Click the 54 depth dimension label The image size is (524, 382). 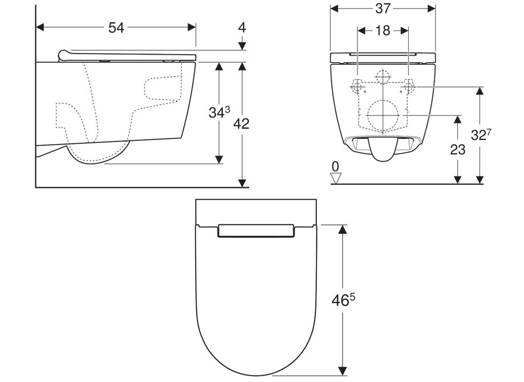click(x=116, y=28)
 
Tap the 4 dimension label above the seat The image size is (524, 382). click(x=242, y=27)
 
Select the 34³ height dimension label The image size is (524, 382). click(x=219, y=112)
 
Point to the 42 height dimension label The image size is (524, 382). click(x=241, y=124)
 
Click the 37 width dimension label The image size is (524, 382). click(x=383, y=9)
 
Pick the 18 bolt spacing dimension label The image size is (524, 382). click(x=383, y=31)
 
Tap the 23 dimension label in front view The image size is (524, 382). click(x=457, y=150)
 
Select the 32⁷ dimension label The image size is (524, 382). click(x=481, y=134)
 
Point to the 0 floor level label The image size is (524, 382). click(x=335, y=166)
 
